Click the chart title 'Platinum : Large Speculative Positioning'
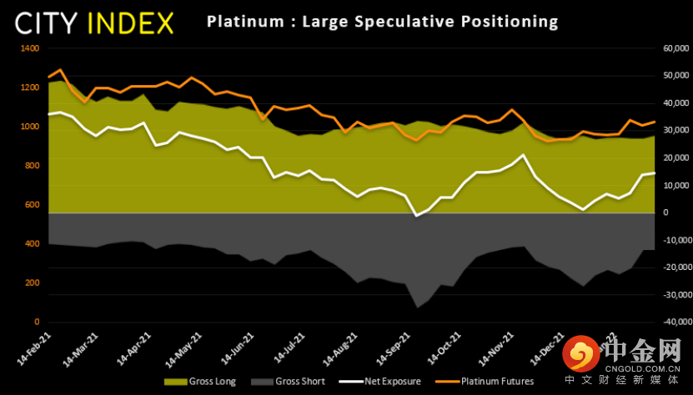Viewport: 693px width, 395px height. coord(383,20)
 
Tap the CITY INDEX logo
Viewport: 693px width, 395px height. coord(94,22)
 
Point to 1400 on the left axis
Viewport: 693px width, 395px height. coord(29,48)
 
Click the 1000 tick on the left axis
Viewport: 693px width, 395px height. coord(29,127)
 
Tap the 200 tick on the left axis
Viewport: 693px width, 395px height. coord(32,283)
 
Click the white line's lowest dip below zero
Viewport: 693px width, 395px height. coord(416,217)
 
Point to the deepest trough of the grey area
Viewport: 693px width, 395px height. coord(417,308)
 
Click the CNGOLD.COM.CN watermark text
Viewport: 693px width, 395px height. coord(643,364)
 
